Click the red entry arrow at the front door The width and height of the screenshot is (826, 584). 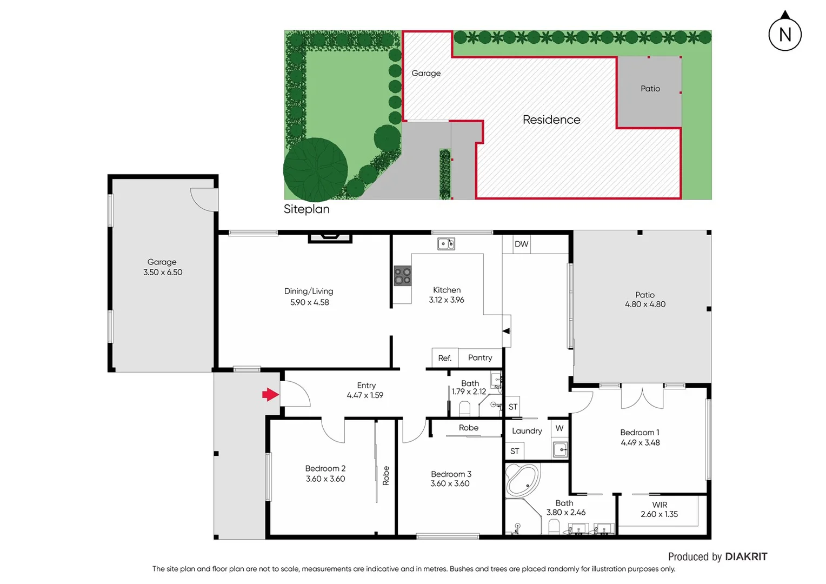(x=270, y=395)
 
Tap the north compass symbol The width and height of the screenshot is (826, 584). (x=785, y=34)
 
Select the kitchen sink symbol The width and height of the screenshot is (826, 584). (x=446, y=244)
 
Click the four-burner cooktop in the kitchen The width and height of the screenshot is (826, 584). (x=402, y=276)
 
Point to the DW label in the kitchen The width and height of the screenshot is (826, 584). (x=521, y=244)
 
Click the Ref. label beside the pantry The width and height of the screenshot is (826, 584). (x=444, y=358)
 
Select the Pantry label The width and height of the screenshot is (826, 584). (x=480, y=357)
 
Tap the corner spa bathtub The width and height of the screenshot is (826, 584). (x=522, y=480)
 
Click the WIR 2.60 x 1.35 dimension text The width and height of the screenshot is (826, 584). (x=659, y=514)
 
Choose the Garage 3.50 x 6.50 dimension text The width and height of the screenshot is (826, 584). (x=163, y=273)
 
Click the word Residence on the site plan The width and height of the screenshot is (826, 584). (x=551, y=120)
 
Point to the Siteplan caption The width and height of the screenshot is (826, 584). (x=307, y=209)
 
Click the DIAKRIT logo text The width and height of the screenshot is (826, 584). (x=746, y=556)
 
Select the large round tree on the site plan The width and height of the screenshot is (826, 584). (x=315, y=169)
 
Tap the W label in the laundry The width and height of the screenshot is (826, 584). (x=559, y=428)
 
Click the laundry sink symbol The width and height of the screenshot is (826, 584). (x=560, y=449)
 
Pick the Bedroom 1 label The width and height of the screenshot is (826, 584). (x=640, y=432)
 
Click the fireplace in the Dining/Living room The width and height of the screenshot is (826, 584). (x=330, y=237)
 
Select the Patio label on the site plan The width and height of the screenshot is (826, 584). (x=650, y=89)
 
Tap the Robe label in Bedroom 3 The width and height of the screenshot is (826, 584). (x=469, y=428)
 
